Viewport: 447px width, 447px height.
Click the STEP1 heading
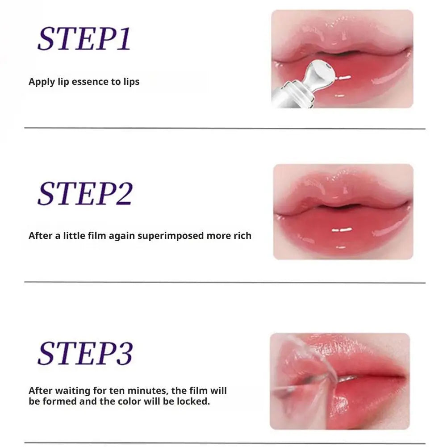point(84,39)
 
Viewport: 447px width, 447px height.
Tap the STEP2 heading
point(85,193)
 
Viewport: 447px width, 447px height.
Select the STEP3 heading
point(85,353)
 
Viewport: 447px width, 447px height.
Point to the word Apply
point(42,82)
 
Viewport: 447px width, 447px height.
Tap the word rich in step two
point(242,236)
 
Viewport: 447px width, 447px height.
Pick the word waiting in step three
point(73,391)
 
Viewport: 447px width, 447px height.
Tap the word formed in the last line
point(59,401)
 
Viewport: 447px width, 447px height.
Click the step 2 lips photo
point(343,212)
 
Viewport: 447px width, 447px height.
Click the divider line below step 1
point(225,129)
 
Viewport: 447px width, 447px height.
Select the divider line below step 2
point(225,283)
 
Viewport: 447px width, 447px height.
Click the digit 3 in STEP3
point(125,354)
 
